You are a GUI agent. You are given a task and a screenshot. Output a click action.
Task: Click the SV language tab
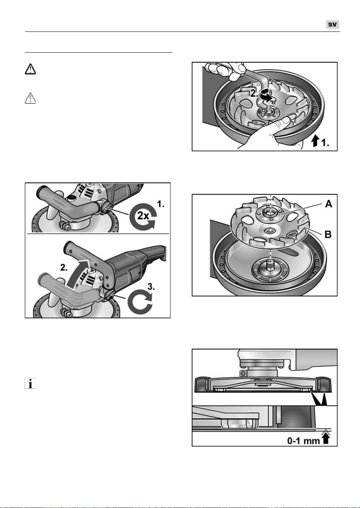coord(333,25)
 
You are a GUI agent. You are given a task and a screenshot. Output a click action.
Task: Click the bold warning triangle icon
coord(30,69)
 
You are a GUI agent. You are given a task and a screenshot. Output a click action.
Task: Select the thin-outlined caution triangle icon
coord(30,98)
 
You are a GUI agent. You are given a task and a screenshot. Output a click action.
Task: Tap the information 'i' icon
coord(30,384)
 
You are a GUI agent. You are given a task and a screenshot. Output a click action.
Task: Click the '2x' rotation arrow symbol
coord(143,217)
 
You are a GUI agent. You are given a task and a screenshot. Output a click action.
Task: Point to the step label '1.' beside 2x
coord(161,204)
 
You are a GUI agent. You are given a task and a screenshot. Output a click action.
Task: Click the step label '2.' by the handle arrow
coord(64,268)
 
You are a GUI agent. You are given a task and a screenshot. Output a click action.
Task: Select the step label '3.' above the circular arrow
coord(151,287)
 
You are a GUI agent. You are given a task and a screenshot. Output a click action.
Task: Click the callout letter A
coord(328,204)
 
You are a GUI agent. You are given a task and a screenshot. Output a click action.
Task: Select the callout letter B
coord(328,234)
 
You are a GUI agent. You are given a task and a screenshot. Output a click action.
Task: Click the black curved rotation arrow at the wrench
coord(266,95)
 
